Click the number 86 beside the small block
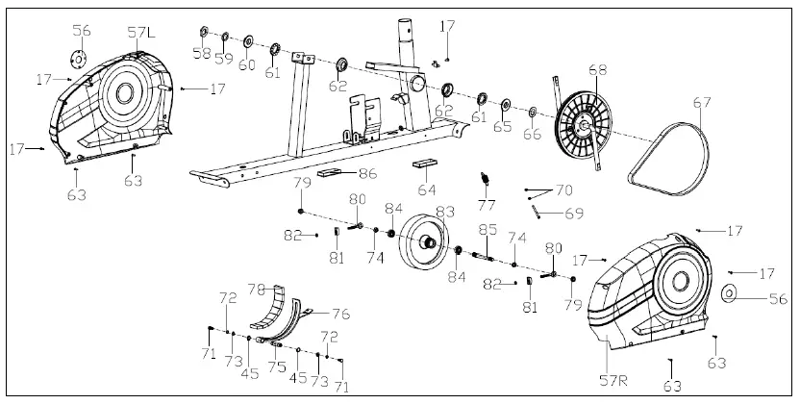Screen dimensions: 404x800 click(367, 174)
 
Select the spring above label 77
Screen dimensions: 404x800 click(487, 179)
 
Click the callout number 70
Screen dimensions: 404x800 click(563, 190)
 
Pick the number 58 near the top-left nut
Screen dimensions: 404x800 click(201, 52)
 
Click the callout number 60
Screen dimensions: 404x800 click(248, 65)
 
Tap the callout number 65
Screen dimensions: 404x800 click(503, 126)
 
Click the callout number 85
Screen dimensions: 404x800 click(488, 230)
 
